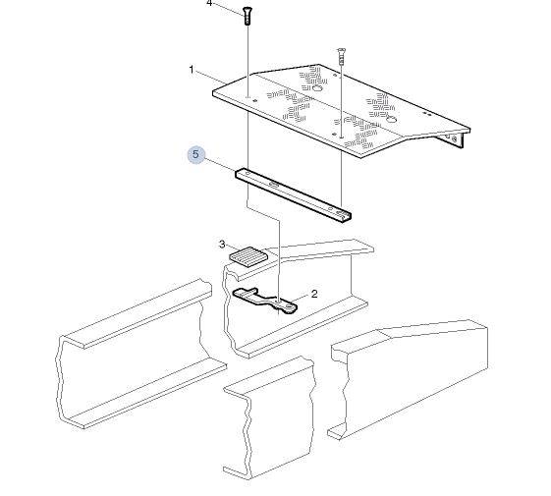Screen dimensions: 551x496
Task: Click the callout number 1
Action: [192, 70]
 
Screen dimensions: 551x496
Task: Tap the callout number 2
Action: [314, 294]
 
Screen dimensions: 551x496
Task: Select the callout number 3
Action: [222, 244]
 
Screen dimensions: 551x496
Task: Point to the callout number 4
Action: [209, 3]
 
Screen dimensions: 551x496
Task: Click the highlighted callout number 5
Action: [195, 154]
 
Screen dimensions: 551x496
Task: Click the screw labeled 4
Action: [248, 16]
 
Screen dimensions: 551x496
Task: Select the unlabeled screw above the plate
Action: [340, 57]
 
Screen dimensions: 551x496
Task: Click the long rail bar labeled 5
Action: [294, 194]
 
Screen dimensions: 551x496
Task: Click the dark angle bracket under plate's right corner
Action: [454, 138]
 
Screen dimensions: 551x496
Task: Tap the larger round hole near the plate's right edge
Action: [391, 120]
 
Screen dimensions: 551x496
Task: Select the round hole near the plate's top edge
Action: [317, 87]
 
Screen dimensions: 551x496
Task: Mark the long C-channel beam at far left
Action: [140, 355]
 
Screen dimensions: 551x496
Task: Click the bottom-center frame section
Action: [270, 418]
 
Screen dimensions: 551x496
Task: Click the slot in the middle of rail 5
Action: [274, 185]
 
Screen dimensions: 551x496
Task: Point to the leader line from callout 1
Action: [211, 78]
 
